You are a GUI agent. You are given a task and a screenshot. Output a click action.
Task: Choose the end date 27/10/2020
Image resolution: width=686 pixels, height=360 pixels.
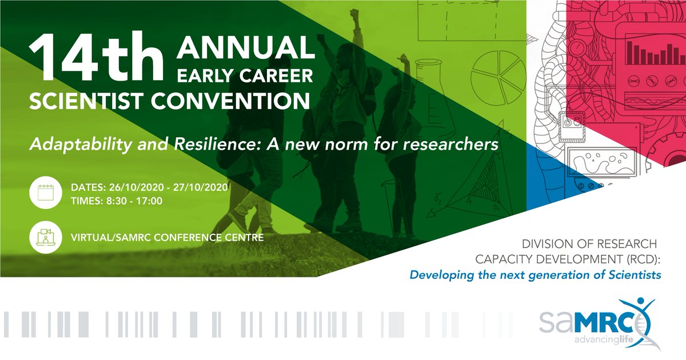[x=200, y=187]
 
